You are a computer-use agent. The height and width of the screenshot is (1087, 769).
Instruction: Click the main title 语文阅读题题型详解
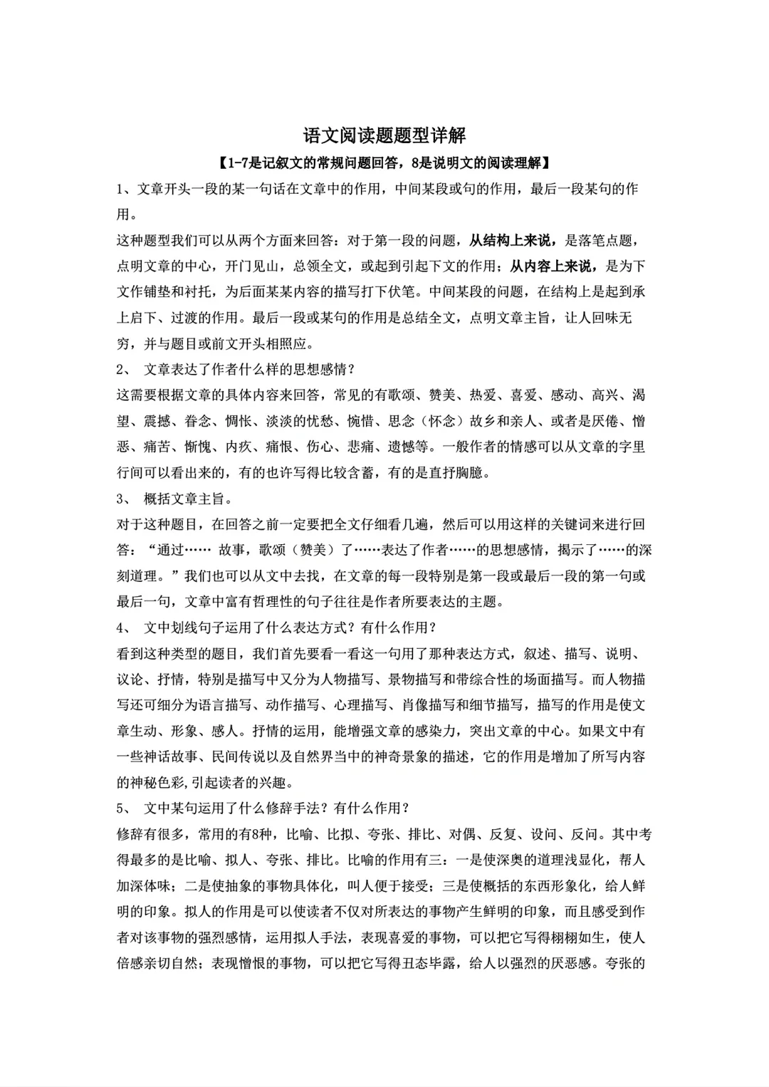[x=384, y=135]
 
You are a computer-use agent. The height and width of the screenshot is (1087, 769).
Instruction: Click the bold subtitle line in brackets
[x=384, y=163]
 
